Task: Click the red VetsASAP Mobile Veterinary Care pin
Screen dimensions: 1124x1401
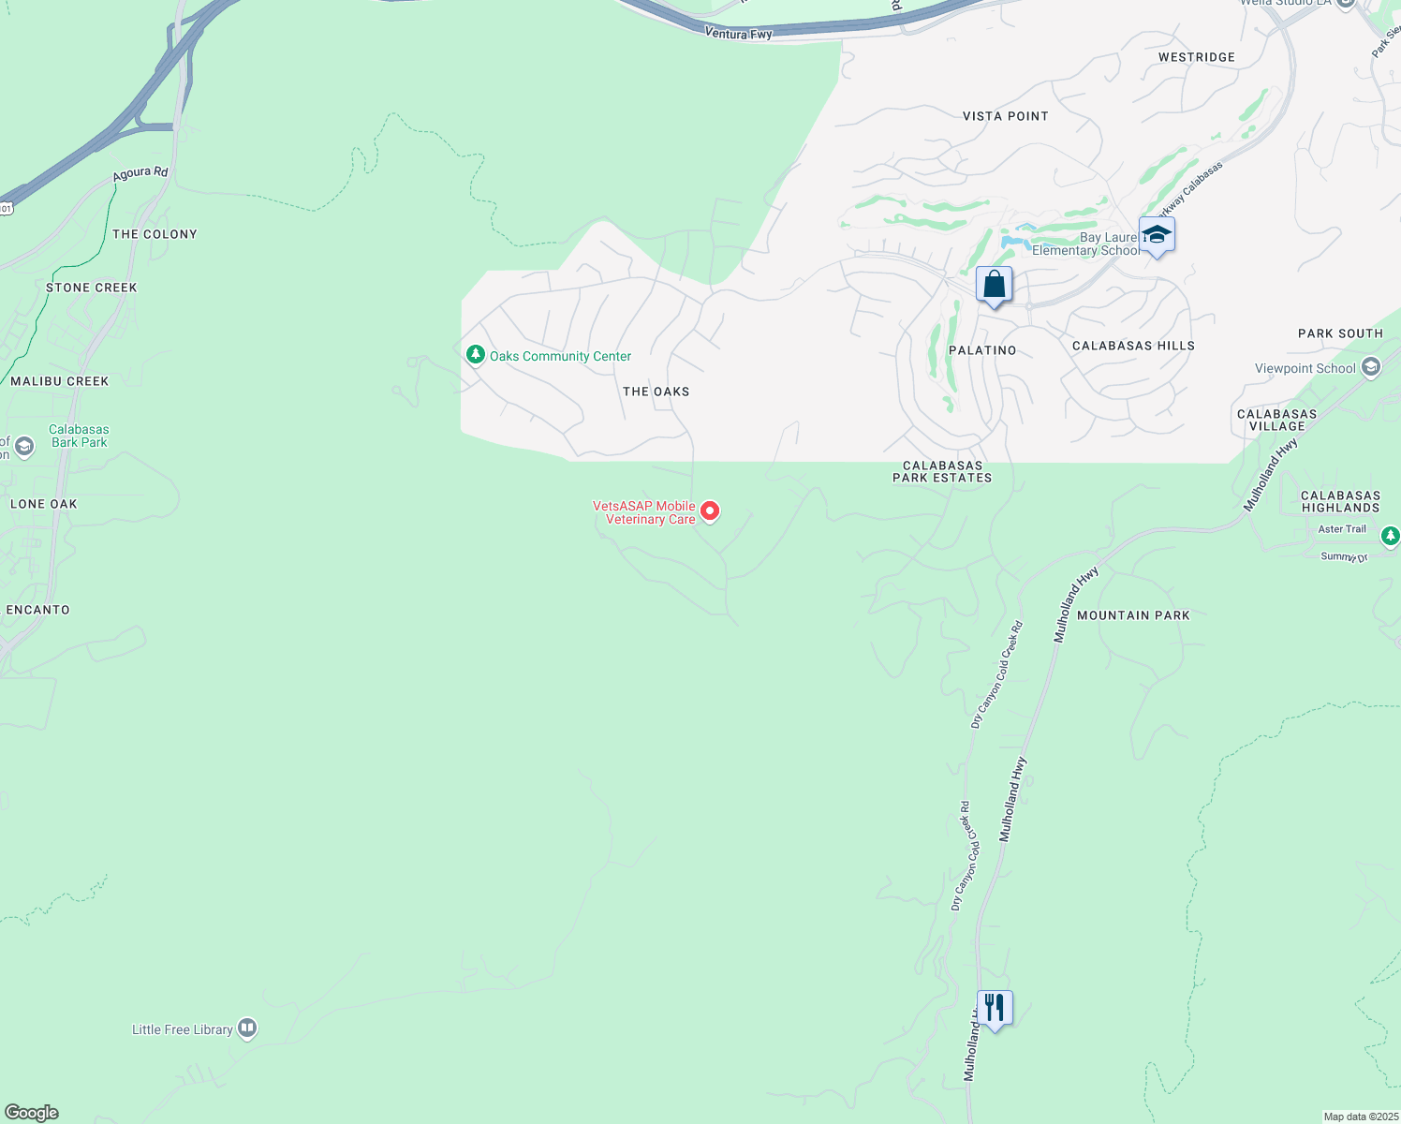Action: coord(710,510)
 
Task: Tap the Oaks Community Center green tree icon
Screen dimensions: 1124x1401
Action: coord(475,355)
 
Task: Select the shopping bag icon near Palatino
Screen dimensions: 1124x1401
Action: coord(994,285)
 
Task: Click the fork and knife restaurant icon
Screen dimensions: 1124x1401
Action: coord(995,1009)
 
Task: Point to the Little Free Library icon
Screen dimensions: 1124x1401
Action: coord(247,1028)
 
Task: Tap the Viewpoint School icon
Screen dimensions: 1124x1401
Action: coord(1371,367)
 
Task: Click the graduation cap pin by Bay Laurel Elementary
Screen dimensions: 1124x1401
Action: coord(1157,235)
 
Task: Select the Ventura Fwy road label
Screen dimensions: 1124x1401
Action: coord(738,34)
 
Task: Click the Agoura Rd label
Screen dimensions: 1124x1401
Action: coord(140,173)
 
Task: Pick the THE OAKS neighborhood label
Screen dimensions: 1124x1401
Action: coord(656,392)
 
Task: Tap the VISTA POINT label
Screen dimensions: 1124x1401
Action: coord(1005,116)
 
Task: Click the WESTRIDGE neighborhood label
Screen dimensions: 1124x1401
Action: coord(1196,57)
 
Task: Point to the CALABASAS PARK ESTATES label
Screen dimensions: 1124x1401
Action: coord(942,471)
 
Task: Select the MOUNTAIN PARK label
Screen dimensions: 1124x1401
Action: coord(1133,615)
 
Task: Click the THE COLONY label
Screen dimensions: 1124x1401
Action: coord(155,234)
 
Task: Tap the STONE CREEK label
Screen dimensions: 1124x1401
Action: coord(92,288)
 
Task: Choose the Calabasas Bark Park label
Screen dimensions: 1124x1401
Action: coord(80,436)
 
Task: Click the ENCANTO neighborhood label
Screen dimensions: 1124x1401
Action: coord(38,610)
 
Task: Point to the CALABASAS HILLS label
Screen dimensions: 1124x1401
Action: coord(1133,346)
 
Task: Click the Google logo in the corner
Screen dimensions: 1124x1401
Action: coord(32,1113)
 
